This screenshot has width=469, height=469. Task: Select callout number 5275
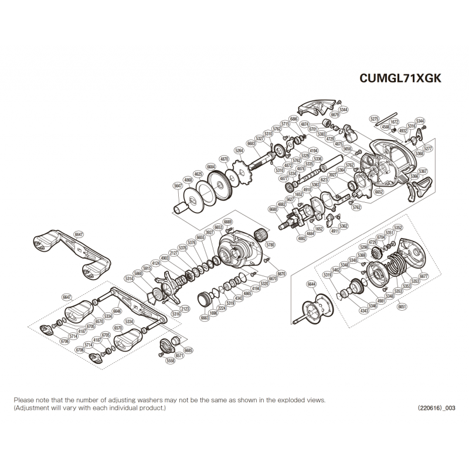coord(375,119)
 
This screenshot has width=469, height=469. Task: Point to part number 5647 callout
coord(178,186)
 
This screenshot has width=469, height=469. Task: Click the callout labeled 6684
coord(211,167)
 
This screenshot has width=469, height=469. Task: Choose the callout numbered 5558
coord(171,362)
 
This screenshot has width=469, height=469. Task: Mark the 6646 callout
coord(117,311)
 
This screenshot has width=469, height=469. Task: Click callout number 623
coord(323,180)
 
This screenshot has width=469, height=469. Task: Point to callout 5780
coord(270,245)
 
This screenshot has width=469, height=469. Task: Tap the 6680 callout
coord(273,209)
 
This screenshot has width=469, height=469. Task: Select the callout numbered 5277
coord(427,148)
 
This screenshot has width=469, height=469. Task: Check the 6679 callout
coord(335,115)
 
